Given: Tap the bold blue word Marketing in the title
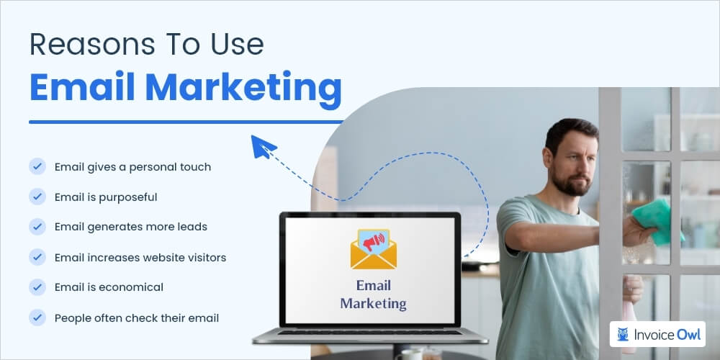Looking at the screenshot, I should pyautogui.click(x=243, y=87).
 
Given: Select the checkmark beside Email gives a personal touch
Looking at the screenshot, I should pyautogui.click(x=37, y=166).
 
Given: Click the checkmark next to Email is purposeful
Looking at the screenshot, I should pyautogui.click(x=37, y=197).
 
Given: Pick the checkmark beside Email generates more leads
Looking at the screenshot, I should pyautogui.click(x=37, y=226).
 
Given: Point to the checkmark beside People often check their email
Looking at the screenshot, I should pyautogui.click(x=37, y=317).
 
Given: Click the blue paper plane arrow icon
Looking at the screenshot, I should pyautogui.click(x=263, y=146).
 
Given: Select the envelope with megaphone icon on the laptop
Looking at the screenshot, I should pyautogui.click(x=373, y=249).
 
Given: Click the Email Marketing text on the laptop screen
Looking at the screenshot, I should pyautogui.click(x=373, y=293).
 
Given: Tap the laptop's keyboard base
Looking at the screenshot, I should pyautogui.click(x=370, y=335).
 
